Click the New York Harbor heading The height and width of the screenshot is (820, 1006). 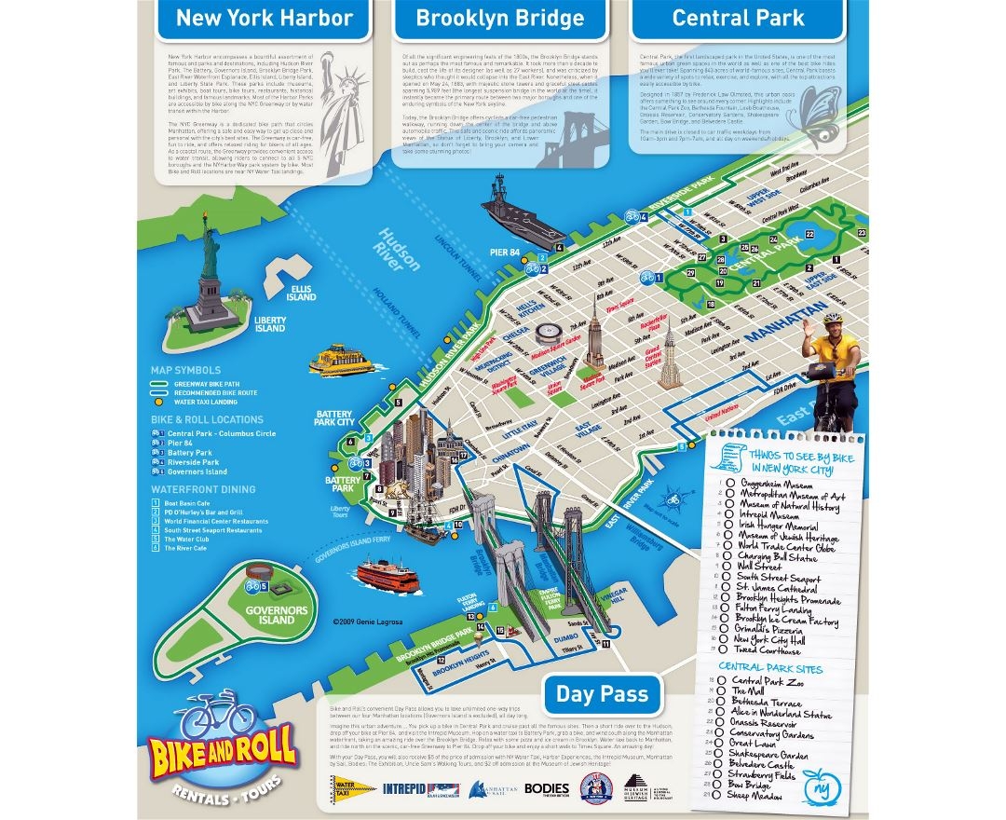tap(265, 18)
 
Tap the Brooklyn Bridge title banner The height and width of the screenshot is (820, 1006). tap(499, 18)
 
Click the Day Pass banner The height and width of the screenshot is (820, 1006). tap(602, 693)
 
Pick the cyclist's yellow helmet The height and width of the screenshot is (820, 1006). tap(833, 320)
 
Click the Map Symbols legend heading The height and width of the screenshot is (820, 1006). tap(186, 370)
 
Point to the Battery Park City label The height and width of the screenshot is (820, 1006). tap(335, 417)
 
